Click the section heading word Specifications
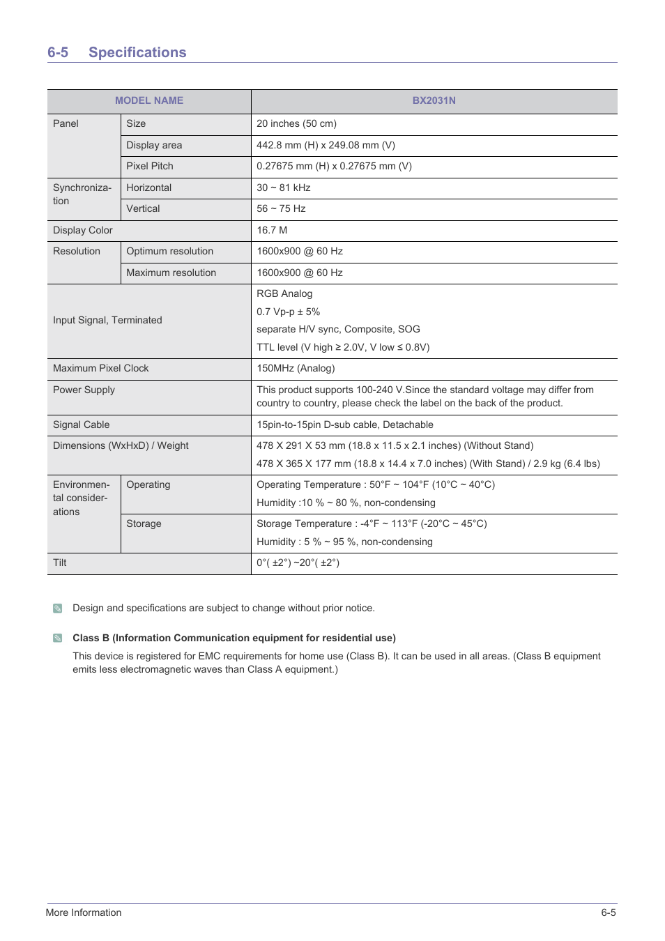137,52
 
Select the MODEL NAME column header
149,100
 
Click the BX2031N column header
434,100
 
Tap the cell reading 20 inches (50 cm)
296,123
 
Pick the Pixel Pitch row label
150,166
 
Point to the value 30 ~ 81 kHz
284,188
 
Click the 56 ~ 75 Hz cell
281,208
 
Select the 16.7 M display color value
272,230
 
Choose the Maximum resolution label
171,273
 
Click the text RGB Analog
284,293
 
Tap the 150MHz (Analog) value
296,368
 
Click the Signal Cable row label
82,424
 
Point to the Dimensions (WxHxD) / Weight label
121,445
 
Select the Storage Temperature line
372,523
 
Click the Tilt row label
60,563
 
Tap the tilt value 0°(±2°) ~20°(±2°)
298,563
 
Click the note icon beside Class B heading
58,638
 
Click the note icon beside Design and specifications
58,609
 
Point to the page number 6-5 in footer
608,912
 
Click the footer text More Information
84,912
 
